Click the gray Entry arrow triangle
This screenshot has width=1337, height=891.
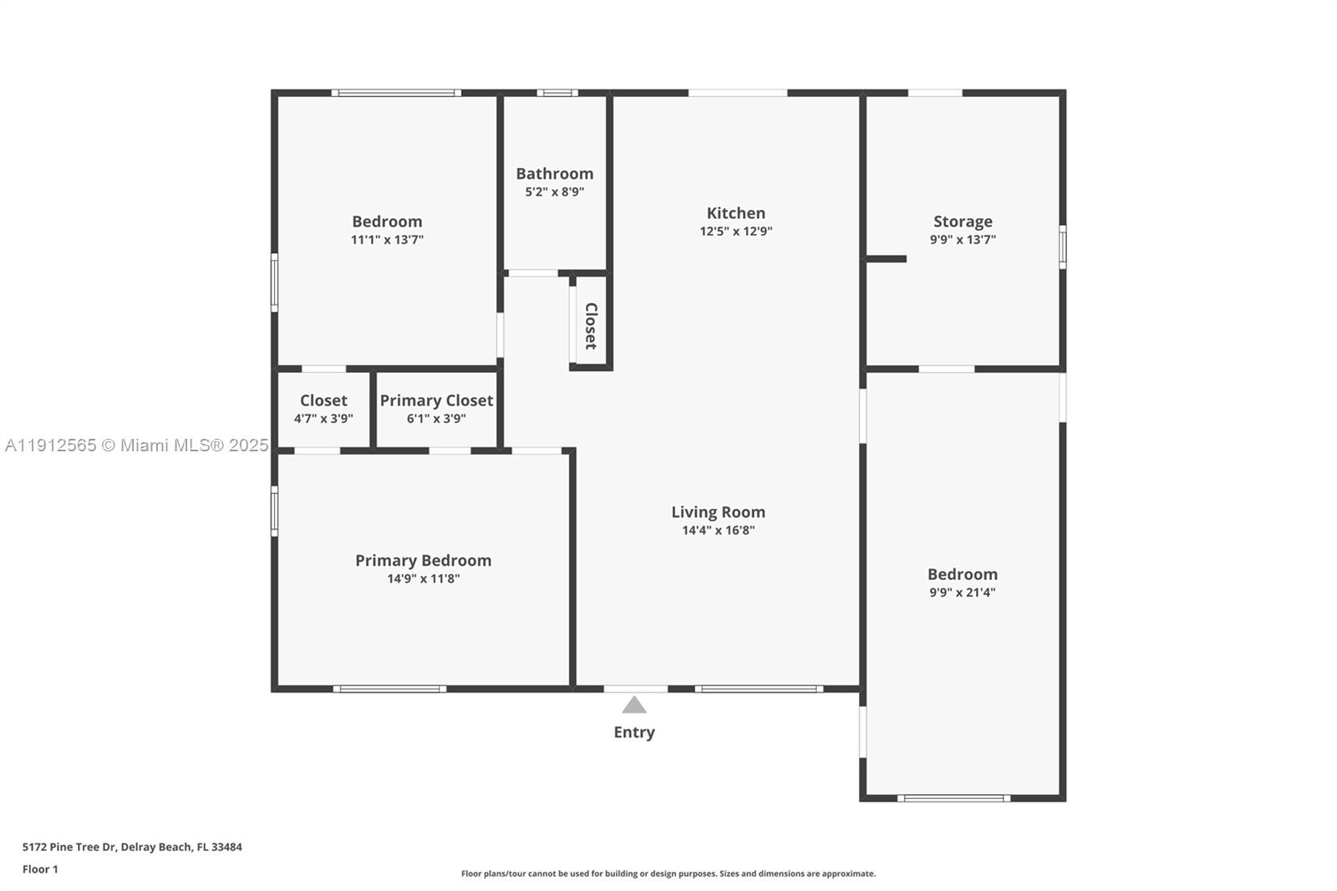634,705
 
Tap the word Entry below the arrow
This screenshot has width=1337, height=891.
634,732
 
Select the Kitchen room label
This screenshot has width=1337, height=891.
736,213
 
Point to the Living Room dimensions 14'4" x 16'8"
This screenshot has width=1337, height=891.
719,530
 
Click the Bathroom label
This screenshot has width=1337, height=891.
555,174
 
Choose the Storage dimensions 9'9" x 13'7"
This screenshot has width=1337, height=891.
963,240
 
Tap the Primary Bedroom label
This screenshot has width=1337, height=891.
423,561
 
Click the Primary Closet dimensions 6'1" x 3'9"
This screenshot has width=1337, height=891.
436,419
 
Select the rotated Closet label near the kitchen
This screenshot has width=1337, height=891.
591,326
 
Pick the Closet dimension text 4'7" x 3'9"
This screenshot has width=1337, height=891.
323,419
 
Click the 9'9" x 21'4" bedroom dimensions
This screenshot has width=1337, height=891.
963,593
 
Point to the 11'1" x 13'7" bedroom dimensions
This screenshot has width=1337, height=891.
388,240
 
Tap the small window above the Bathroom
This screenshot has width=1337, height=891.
557,93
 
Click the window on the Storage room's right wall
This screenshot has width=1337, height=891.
1063,247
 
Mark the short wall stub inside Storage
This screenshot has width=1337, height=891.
887,259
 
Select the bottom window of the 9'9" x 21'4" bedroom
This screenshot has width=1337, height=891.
953,798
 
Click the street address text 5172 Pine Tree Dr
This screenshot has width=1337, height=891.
69,847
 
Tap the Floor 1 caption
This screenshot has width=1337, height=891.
41,869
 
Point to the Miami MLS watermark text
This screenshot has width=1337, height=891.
137,445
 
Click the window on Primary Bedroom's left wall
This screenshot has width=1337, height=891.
275,512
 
